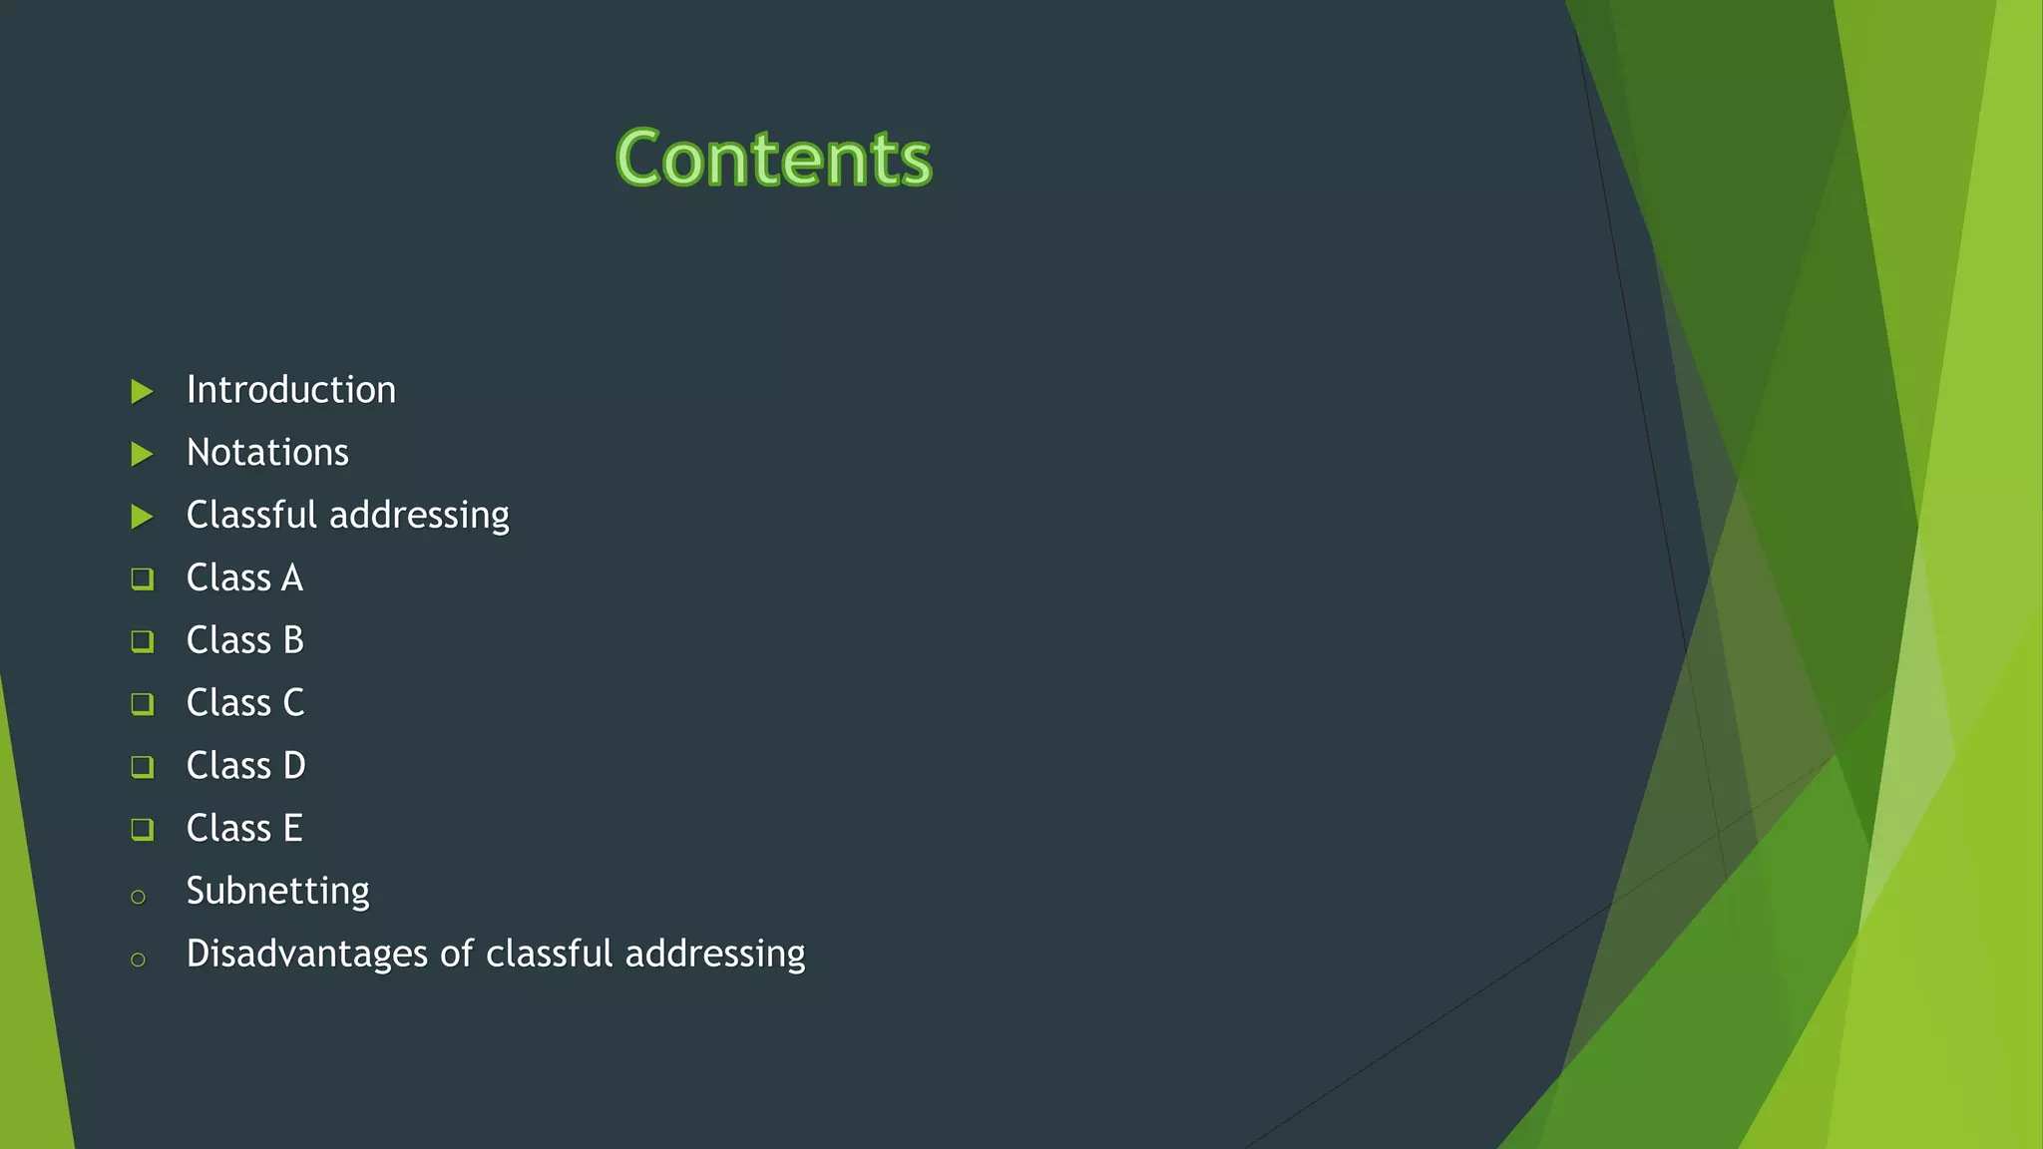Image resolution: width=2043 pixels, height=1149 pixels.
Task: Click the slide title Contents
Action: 773,159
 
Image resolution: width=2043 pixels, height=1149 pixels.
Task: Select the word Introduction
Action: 291,390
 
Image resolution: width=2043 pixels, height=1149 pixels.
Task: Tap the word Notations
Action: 267,453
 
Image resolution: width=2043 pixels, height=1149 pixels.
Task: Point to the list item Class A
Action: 244,577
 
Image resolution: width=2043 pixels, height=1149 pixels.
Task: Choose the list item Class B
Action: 244,640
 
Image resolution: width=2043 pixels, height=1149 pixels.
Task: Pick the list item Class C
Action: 244,703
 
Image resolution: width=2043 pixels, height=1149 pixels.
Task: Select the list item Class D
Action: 245,766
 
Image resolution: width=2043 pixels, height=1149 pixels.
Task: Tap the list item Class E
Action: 244,828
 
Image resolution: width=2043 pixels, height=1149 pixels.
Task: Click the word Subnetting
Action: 277,891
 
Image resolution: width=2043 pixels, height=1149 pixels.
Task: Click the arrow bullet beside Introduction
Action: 142,392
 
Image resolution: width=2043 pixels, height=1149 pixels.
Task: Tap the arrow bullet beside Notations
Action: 142,455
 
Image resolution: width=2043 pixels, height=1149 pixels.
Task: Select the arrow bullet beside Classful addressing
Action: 142,517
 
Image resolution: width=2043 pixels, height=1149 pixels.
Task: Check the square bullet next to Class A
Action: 142,578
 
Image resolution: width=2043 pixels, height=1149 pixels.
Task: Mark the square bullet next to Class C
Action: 142,704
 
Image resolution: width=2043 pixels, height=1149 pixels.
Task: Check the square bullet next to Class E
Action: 142,829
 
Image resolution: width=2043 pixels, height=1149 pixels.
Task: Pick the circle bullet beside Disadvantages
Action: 138,960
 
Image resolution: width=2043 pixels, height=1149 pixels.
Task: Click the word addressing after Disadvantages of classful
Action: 715,954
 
